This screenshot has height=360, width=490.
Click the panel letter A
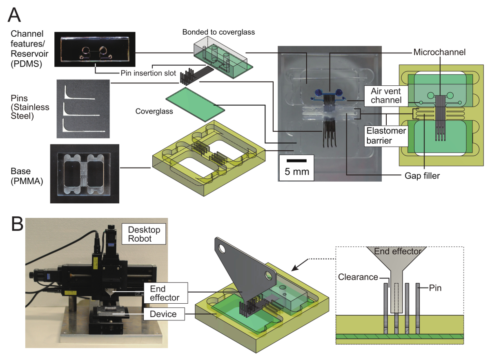pos(14,15)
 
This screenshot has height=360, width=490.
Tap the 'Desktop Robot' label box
pos(144,234)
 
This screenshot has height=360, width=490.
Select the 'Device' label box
pos(164,314)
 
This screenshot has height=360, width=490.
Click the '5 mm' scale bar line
pos(296,161)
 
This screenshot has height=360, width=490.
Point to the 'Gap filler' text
pos(422,176)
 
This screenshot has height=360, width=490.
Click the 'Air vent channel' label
pos(386,96)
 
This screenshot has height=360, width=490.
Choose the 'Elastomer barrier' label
pos(386,136)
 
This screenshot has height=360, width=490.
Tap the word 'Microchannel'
pos(439,52)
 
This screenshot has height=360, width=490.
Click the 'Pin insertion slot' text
pos(148,73)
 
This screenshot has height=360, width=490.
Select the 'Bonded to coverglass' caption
pos(218,32)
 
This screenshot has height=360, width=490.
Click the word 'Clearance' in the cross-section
pos(358,277)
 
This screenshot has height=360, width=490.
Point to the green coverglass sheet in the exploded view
pos(195,104)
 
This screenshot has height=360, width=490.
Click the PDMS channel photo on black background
pos(95,49)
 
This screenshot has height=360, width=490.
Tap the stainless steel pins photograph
pos(83,109)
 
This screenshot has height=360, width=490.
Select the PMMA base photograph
pos(85,173)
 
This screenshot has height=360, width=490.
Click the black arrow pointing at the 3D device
pos(300,265)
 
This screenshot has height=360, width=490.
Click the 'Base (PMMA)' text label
pos(27,176)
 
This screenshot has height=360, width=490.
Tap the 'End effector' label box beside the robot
pos(166,293)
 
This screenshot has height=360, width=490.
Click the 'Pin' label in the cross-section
pos(435,288)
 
